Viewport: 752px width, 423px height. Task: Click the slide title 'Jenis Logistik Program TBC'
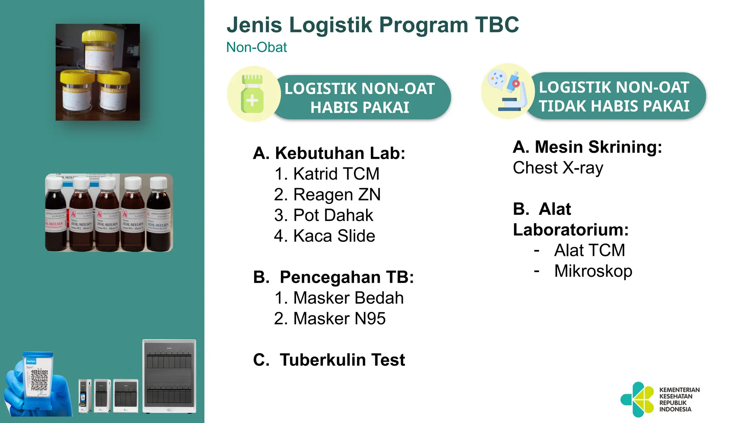click(372, 25)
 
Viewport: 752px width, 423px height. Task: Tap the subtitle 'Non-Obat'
click(256, 47)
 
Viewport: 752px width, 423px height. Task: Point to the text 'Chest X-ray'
click(558, 168)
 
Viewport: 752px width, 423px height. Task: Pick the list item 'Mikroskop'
click(593, 271)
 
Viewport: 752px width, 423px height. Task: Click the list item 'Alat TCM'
click(589, 250)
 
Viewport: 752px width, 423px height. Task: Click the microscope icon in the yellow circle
click(508, 92)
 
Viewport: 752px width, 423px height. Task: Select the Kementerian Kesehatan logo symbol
click(637, 399)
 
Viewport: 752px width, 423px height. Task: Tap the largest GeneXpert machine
click(169, 376)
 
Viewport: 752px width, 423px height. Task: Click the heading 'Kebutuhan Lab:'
click(329, 153)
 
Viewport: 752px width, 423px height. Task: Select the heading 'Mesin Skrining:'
click(587, 147)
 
